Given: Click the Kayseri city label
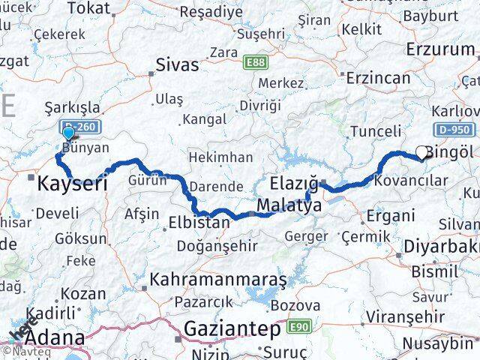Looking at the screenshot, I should pos(72,183).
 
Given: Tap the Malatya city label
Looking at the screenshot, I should pos(289,205).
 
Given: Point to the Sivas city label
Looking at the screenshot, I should pos(178,64).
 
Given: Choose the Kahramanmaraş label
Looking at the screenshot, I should pos(218,280).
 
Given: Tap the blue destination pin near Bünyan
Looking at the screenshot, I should pos(69,133).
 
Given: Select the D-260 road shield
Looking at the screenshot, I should pos(76,127).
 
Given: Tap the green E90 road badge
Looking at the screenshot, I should pos(300,327).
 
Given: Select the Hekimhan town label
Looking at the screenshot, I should pos(220,157).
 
